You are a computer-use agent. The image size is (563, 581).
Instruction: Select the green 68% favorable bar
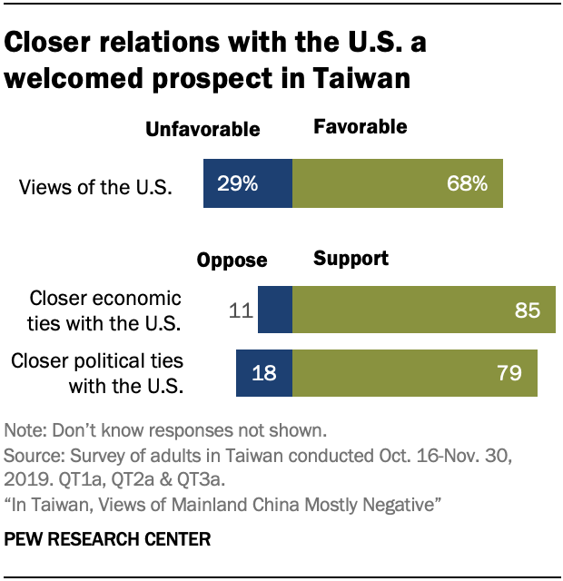[x=398, y=184]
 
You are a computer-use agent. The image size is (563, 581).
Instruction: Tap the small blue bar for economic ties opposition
[x=275, y=310]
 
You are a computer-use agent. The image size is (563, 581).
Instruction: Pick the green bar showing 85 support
[x=423, y=310]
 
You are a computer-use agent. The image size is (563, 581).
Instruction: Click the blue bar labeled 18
[x=264, y=372]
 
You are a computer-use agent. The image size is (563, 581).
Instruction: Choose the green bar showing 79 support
[x=414, y=372]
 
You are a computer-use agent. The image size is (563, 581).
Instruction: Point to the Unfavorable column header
[x=202, y=129]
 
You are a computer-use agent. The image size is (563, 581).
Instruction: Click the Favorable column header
[x=360, y=127]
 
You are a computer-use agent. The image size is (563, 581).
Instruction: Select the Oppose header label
[x=232, y=261]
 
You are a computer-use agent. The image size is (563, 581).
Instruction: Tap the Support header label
[x=351, y=259]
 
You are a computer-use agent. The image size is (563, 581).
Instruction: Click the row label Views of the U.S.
[x=96, y=187]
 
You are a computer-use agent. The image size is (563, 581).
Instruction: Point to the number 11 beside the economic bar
[x=240, y=311]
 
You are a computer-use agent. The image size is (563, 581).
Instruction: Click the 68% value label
[x=468, y=184]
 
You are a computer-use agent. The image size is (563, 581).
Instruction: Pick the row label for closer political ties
[x=97, y=372]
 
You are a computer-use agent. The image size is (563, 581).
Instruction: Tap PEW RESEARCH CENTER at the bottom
[x=107, y=539]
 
